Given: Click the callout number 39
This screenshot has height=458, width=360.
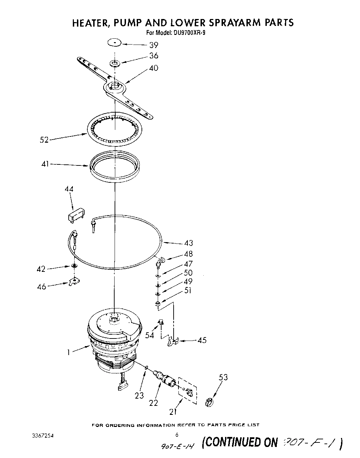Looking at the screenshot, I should click(154, 45).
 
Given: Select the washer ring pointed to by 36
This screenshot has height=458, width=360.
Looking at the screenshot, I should click(115, 63).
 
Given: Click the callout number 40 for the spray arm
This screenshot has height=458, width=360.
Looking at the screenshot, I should click(154, 68).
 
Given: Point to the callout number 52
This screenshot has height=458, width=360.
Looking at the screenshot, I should click(44, 140).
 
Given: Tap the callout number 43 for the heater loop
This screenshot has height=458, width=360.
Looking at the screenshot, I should click(188, 243).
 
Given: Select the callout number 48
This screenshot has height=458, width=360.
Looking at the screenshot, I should click(188, 254).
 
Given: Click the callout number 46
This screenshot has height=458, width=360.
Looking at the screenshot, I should click(41, 287).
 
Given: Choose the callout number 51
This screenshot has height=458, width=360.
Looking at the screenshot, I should click(188, 290).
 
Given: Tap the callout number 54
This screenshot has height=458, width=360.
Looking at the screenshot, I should click(150, 335).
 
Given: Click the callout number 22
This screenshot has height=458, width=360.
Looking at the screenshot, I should click(153, 402).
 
